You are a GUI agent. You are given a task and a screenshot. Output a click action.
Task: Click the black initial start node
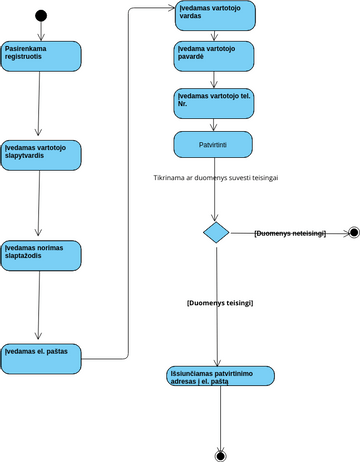click(40, 15)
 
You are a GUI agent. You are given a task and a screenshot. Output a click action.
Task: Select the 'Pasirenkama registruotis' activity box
click(40, 57)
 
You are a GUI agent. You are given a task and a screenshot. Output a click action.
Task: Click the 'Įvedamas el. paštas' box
click(40, 352)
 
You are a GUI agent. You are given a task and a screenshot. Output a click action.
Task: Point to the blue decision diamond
click(216, 233)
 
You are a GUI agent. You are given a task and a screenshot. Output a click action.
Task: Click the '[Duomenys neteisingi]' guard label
click(290, 233)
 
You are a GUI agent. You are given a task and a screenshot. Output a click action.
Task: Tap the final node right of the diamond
click(352, 233)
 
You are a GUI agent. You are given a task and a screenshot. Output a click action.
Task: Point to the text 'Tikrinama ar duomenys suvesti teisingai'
click(216, 177)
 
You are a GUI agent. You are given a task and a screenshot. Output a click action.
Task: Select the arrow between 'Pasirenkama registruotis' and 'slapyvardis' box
click(40, 105)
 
